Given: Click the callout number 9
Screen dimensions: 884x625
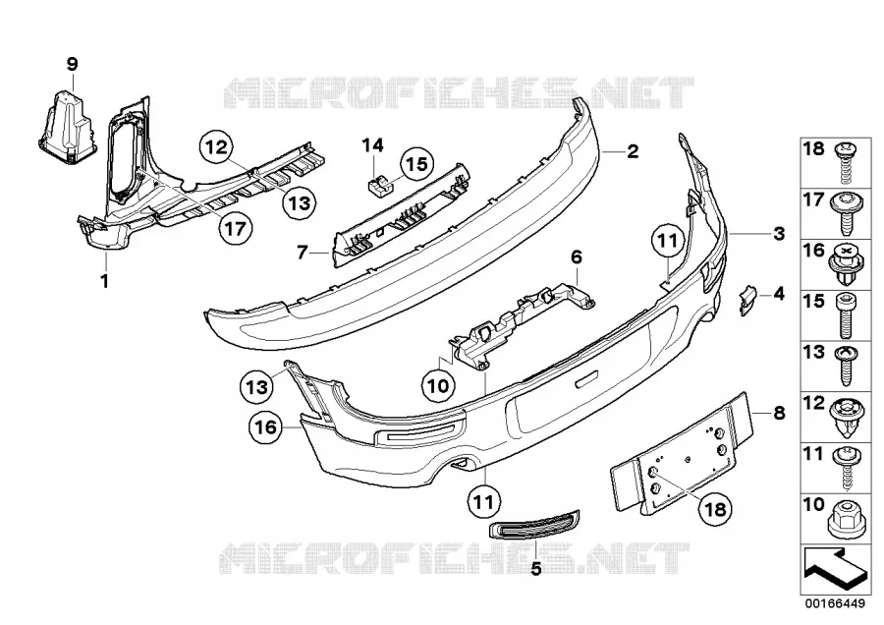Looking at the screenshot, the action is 72,64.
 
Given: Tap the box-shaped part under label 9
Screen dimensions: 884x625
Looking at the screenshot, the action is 68,125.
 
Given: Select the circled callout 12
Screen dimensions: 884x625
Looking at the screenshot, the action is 216,147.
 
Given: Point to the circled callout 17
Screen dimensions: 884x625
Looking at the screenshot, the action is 235,228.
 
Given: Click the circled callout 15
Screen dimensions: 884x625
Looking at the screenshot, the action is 417,164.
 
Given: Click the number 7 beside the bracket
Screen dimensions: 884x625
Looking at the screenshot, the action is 303,253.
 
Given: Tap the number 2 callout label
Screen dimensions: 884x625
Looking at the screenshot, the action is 633,151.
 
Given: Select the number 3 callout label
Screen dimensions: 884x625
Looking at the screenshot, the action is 779,233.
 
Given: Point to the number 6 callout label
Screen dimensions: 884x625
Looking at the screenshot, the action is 576,257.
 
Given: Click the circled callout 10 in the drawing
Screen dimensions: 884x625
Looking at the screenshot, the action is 439,386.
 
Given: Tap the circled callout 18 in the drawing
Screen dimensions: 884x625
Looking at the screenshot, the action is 714,509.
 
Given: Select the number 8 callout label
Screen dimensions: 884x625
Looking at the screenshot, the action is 779,413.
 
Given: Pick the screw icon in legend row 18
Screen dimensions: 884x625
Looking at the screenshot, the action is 844,161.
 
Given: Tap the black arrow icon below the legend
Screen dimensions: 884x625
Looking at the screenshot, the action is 832,569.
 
